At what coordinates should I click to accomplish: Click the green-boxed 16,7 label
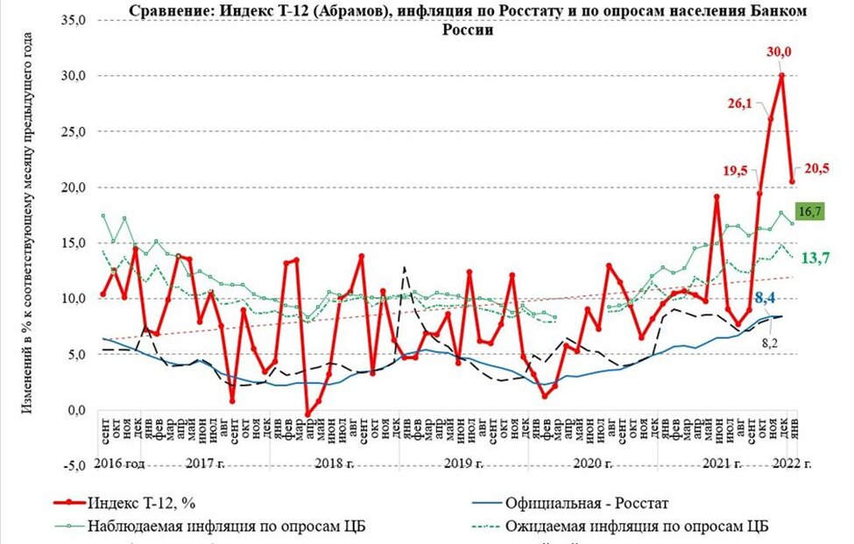click(x=809, y=211)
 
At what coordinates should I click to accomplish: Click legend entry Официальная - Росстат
click(x=572, y=503)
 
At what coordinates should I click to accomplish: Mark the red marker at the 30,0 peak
click(x=781, y=75)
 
